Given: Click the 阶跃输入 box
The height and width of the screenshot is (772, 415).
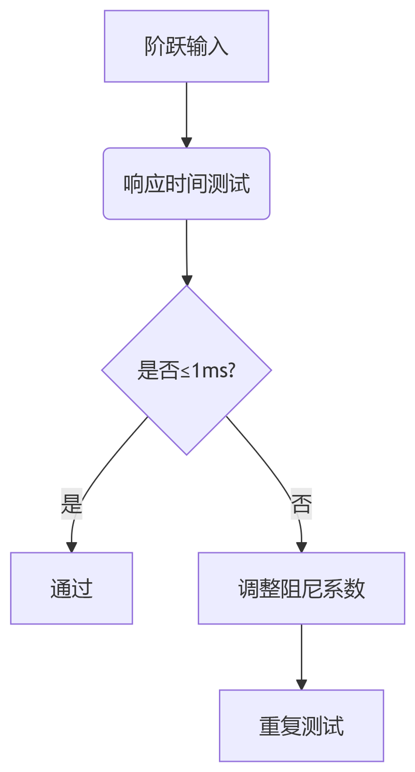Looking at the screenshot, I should (x=186, y=46).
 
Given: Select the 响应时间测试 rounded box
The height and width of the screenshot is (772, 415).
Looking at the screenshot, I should (x=186, y=184).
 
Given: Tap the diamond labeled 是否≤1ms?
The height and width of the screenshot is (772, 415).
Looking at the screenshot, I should (x=186, y=370).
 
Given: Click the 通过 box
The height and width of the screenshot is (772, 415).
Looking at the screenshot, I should (x=72, y=588).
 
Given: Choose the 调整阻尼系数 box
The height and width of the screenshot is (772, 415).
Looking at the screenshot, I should (x=301, y=588).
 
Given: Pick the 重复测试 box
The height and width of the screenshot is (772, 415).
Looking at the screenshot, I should (x=301, y=725).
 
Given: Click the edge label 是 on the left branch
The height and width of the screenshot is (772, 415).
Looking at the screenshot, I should (x=72, y=504).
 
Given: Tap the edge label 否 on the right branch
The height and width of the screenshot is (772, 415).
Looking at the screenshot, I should (x=301, y=504).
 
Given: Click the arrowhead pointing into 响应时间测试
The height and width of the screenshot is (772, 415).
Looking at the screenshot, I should (x=186, y=143).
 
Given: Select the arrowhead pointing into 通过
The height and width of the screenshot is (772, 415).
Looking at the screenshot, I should (x=72, y=547).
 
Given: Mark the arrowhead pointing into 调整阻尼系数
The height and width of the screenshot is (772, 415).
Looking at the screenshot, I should (x=301, y=547).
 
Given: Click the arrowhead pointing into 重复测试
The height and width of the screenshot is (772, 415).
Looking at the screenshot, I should (x=301, y=684).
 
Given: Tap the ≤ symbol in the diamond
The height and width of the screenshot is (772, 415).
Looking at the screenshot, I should (x=185, y=371).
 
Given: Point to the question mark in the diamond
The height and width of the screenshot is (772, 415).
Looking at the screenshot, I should (x=232, y=370).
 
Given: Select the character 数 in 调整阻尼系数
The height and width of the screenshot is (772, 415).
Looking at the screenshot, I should (x=356, y=588).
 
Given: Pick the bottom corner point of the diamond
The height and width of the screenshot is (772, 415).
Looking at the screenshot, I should (x=186, y=454).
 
